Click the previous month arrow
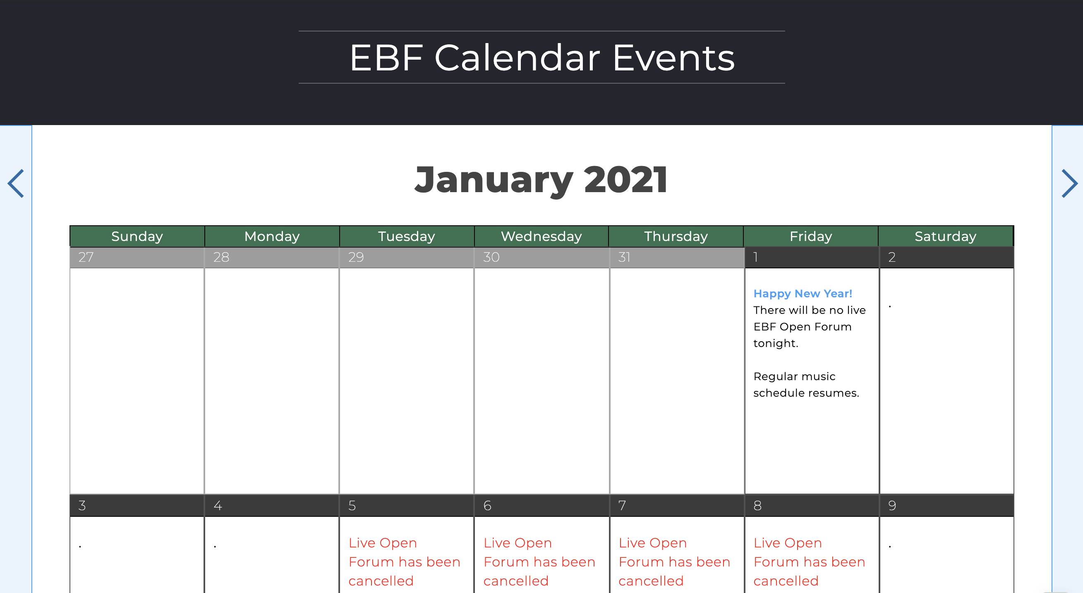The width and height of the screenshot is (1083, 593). (16, 183)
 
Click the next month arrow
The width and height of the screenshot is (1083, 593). (1069, 183)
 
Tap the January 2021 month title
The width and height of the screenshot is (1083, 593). (541, 180)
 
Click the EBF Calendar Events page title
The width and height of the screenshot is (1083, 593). (541, 58)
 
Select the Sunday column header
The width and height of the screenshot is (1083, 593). (137, 236)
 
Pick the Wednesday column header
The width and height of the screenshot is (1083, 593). (541, 236)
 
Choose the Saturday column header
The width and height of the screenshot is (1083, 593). (945, 236)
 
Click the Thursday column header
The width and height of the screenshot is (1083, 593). (676, 236)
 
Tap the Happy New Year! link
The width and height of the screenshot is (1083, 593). (803, 294)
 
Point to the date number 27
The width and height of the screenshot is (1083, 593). (86, 257)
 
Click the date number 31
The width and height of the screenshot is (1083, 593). (624, 257)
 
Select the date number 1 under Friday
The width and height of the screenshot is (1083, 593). (755, 257)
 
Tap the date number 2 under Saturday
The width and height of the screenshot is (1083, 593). (892, 257)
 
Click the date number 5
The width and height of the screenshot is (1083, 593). (352, 506)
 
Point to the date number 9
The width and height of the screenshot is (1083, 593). (892, 506)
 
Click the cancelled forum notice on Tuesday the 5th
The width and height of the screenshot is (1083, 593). (404, 562)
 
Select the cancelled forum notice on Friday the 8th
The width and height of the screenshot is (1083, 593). (809, 562)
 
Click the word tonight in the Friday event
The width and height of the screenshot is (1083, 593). (775, 343)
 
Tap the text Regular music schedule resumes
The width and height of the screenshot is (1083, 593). (805, 385)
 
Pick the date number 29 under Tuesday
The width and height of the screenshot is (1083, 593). (356, 257)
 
